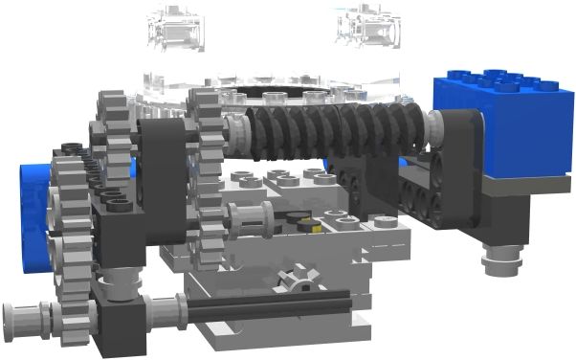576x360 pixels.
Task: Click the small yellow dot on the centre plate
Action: (308, 227)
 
